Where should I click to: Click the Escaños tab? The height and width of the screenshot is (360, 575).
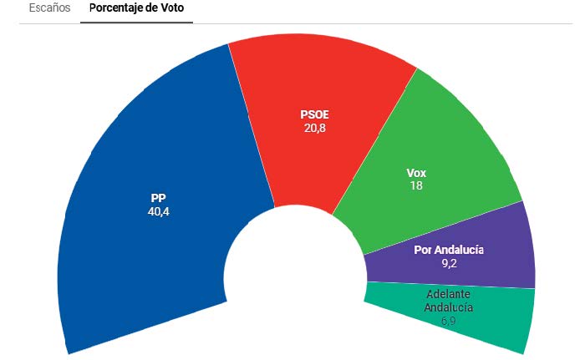pyautogui.click(x=50, y=10)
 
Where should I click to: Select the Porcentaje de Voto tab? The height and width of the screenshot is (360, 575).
pyautogui.click(x=137, y=10)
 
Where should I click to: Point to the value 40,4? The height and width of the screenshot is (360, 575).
pyautogui.click(x=157, y=211)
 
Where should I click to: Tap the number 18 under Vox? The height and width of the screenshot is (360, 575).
pyautogui.click(x=415, y=185)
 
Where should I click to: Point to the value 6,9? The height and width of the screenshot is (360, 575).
pyautogui.click(x=449, y=319)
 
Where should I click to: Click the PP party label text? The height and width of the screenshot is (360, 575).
pyautogui.click(x=157, y=198)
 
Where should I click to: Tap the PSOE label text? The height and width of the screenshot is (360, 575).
pyautogui.click(x=315, y=115)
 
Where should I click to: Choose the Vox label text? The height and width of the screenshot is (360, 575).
pyautogui.click(x=415, y=173)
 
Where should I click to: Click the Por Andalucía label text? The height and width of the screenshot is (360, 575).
pyautogui.click(x=449, y=250)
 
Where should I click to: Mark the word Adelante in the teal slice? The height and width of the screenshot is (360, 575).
pyautogui.click(x=449, y=295)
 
